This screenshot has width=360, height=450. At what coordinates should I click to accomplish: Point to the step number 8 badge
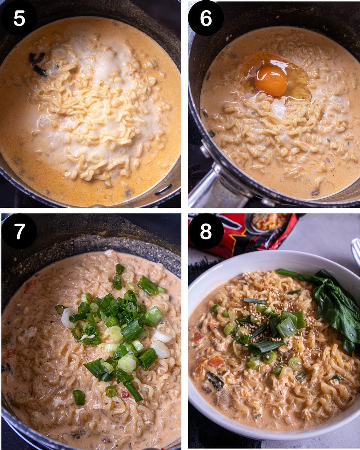[206, 232]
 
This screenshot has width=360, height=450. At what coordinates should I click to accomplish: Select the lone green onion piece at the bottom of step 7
[79, 397]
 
